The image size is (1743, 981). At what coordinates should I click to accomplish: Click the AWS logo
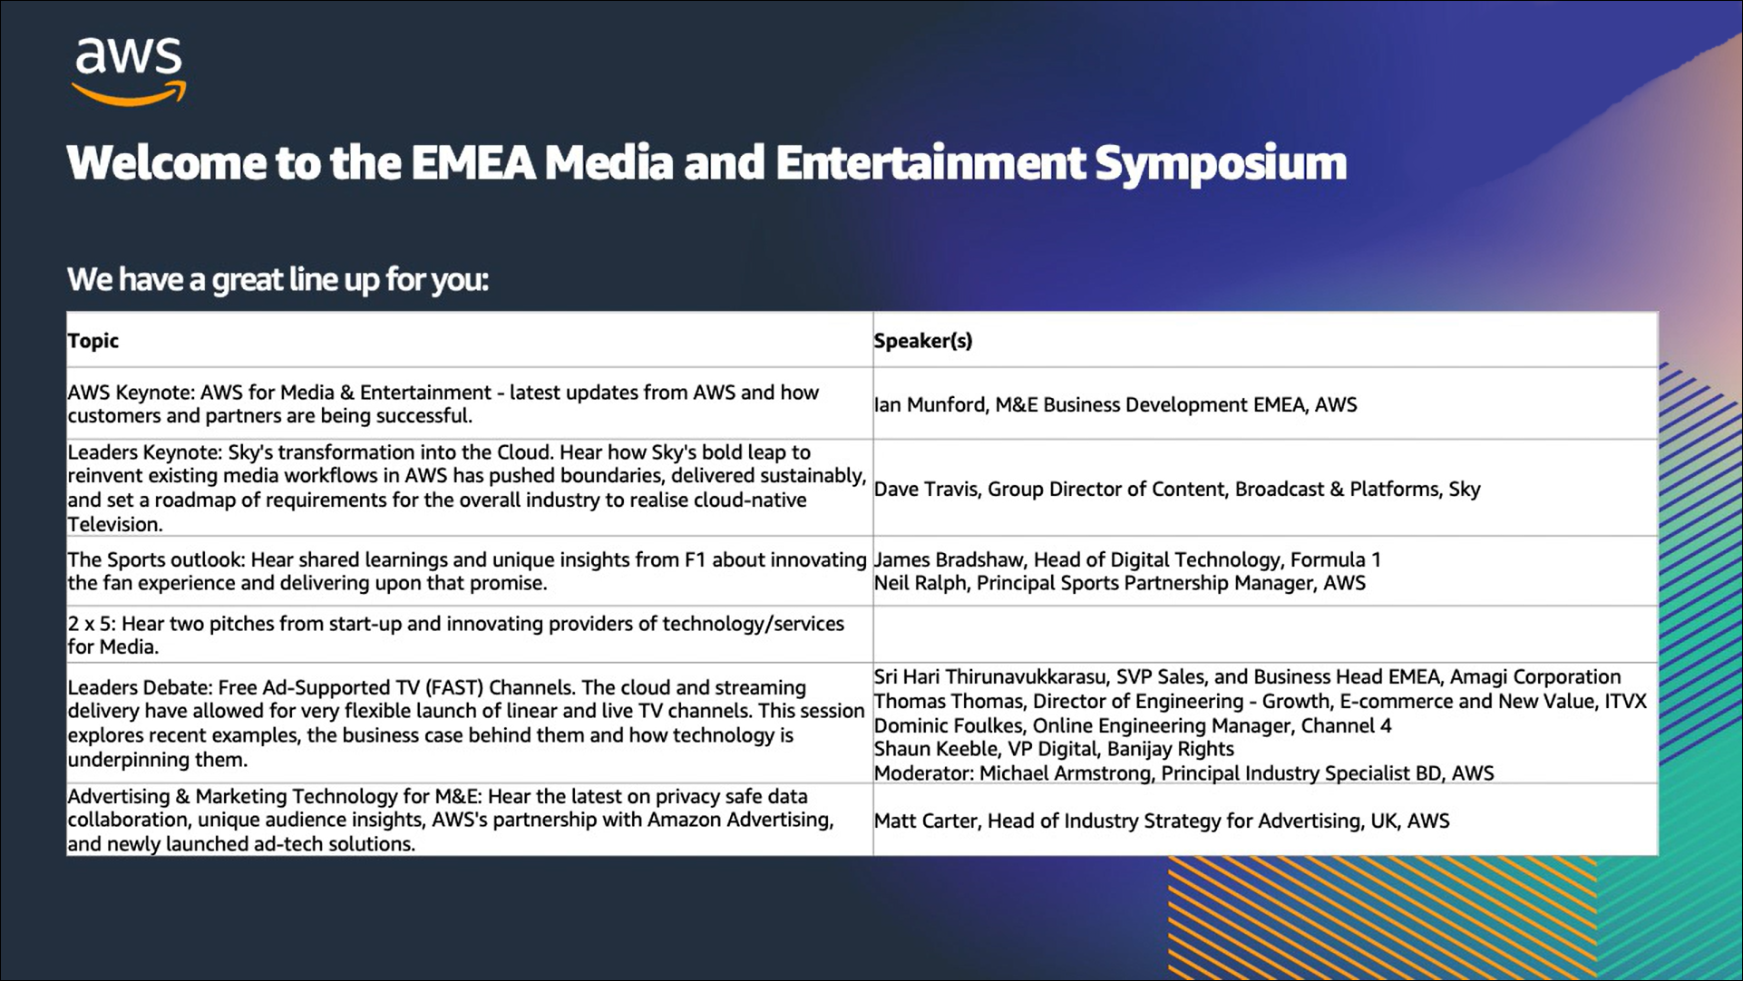[x=129, y=72]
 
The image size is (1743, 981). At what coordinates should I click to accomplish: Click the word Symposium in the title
[x=1221, y=164]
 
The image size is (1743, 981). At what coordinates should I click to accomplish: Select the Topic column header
[x=93, y=341]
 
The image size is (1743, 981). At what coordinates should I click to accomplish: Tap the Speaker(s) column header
[x=922, y=341]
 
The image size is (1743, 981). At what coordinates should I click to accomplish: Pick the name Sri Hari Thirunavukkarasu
[x=989, y=677]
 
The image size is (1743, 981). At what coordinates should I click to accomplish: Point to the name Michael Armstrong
[x=1064, y=773]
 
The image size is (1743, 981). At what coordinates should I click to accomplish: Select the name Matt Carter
[x=925, y=821]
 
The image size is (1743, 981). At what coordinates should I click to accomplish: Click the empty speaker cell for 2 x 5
[x=1265, y=635]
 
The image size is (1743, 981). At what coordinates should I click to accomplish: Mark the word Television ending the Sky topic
[x=114, y=524]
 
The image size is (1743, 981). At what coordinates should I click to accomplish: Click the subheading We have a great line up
[x=278, y=279]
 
